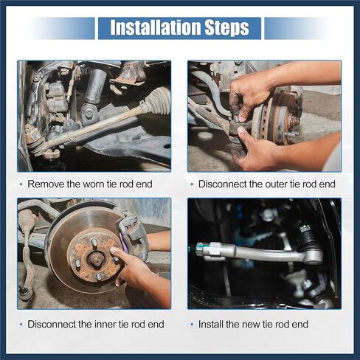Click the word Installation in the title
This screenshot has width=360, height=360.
tap(156, 27)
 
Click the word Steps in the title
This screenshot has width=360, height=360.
tap(227, 28)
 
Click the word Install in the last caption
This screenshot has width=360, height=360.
tap(211, 324)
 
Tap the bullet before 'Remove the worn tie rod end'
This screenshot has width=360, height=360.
tap(21, 184)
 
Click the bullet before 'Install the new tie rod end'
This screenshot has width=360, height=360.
tap(192, 325)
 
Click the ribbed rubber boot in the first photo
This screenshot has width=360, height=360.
tap(157, 100)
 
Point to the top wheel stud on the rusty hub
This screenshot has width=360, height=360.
tap(94, 242)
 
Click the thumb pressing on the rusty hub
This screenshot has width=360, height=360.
tap(116, 253)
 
